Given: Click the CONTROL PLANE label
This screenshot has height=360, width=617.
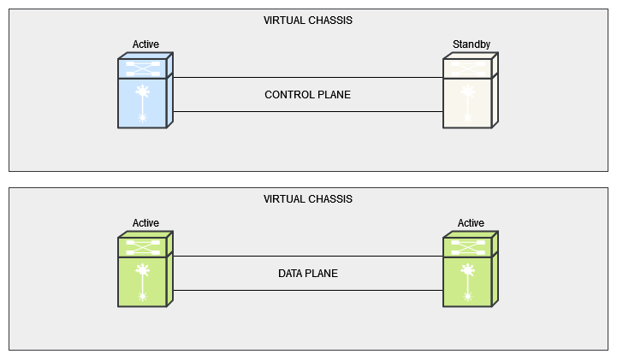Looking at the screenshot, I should (x=308, y=95).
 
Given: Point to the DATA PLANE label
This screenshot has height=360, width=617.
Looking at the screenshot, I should (x=308, y=274).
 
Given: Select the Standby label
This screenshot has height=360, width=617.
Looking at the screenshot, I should (x=471, y=44).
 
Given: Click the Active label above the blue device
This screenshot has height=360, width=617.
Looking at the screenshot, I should (x=145, y=44).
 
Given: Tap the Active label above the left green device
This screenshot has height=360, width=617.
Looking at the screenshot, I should (x=145, y=223).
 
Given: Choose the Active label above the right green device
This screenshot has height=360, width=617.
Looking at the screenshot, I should (x=471, y=223).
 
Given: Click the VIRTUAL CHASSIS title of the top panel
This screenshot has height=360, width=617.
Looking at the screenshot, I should (x=308, y=20).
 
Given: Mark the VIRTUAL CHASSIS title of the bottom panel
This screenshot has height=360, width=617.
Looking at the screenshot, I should (x=308, y=199).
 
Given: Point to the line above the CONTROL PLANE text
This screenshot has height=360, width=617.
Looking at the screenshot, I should (x=308, y=78).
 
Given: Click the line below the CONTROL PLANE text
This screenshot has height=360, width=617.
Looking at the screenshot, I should (x=308, y=111).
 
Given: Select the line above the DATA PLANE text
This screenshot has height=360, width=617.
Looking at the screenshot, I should (x=308, y=257).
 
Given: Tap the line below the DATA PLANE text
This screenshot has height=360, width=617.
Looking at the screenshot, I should (x=308, y=290).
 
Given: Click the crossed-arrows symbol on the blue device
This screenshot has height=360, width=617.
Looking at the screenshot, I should (x=143, y=67).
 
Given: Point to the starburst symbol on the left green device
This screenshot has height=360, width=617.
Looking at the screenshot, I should (x=143, y=270).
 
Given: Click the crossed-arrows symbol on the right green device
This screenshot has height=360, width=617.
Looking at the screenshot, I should (x=468, y=246).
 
